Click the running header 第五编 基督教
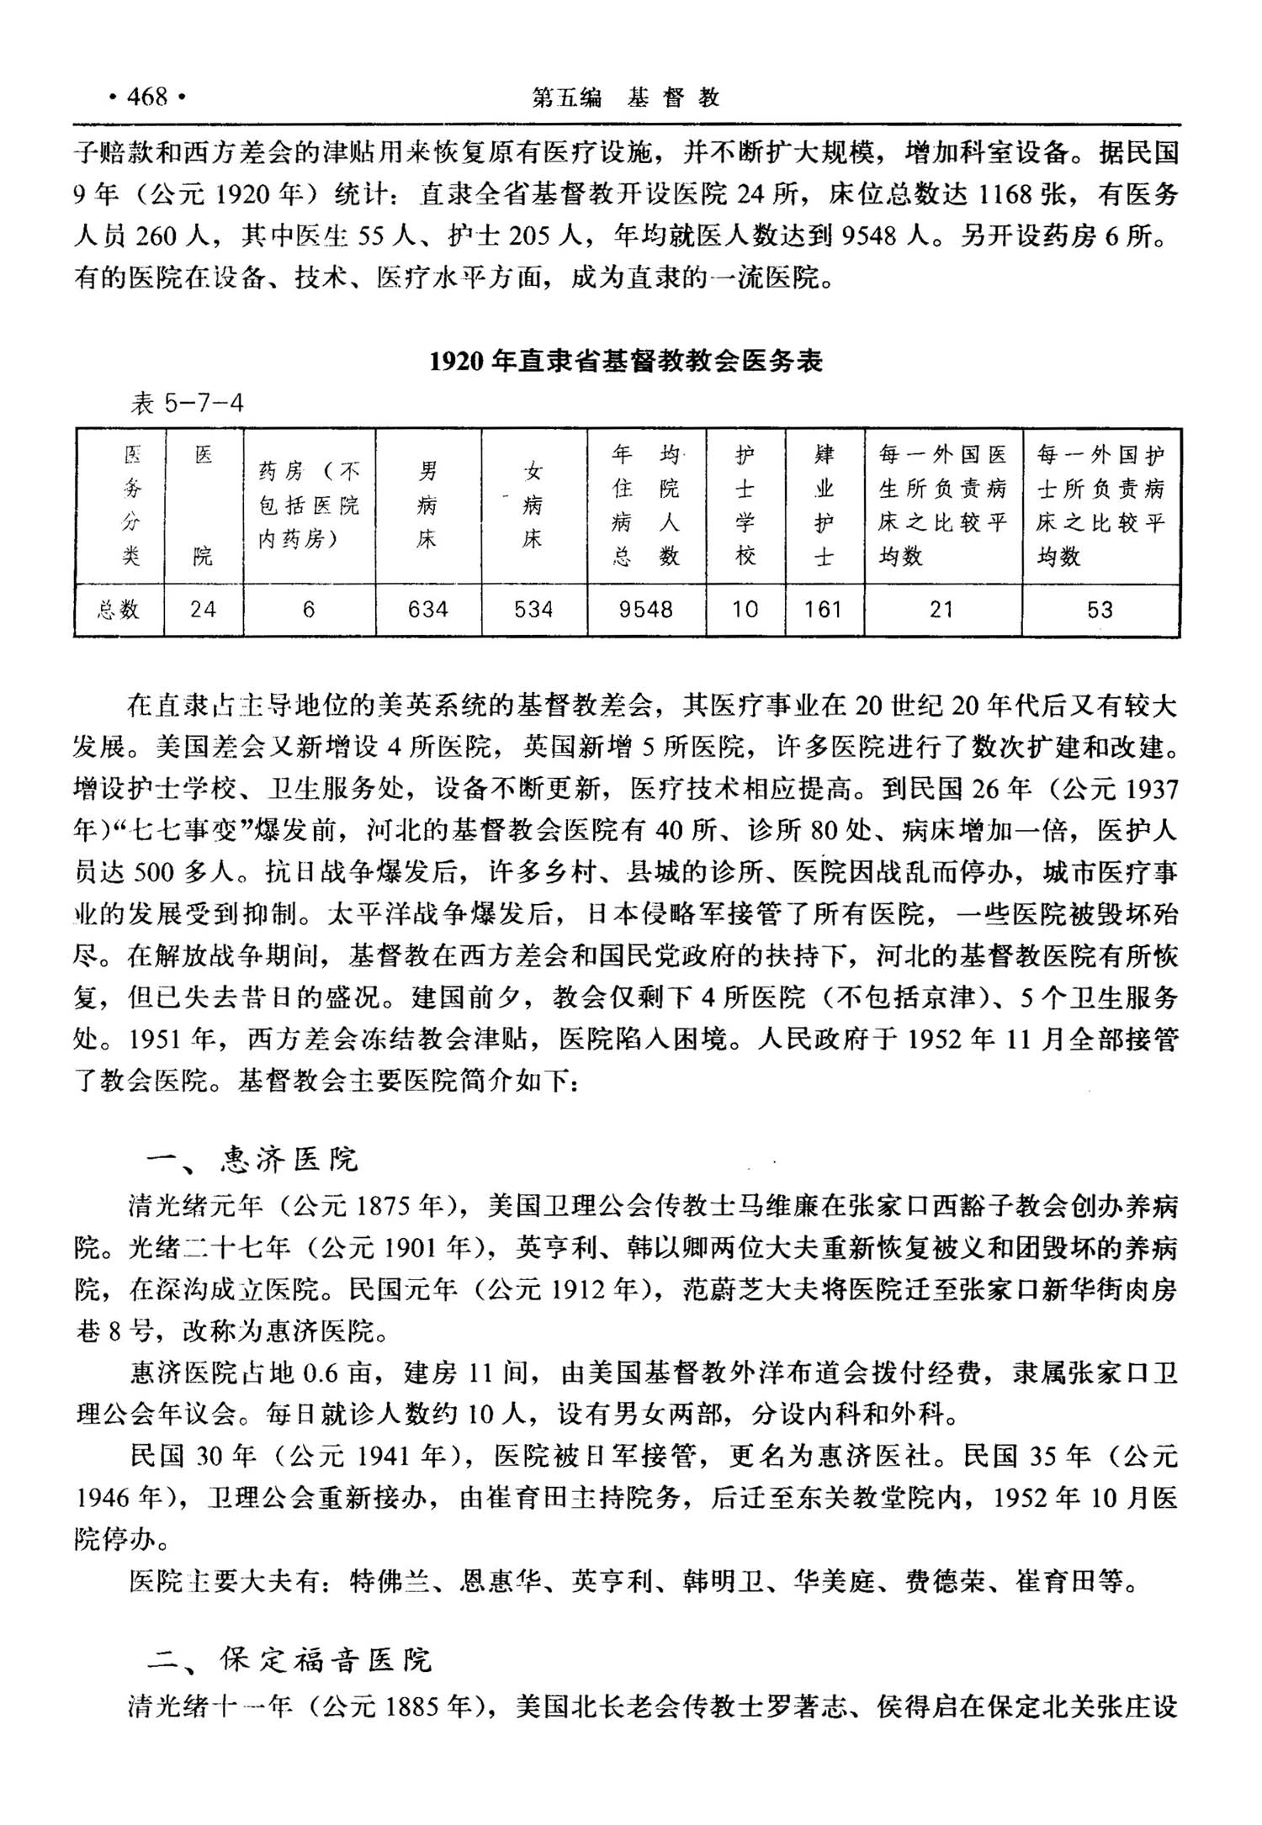click(626, 98)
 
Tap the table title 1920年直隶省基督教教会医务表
click(626, 361)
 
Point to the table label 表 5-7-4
click(187, 404)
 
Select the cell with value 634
click(428, 609)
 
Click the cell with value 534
click(533, 609)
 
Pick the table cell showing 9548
click(645, 609)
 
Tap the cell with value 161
click(823, 609)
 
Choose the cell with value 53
click(1100, 609)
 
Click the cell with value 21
click(941, 609)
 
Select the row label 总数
click(119, 609)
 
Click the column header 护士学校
click(745, 505)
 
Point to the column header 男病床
click(427, 505)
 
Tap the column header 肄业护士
click(824, 505)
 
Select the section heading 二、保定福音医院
click(289, 1660)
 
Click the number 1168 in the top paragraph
click(1004, 195)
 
